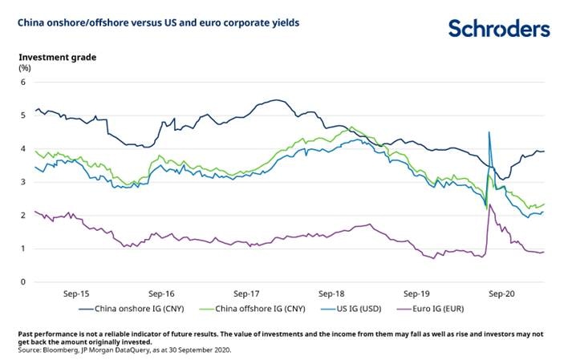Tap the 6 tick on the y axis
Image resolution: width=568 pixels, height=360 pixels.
[x=25, y=82]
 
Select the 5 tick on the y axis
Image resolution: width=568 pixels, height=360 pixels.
[x=25, y=115]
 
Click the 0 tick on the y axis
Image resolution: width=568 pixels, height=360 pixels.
[x=25, y=282]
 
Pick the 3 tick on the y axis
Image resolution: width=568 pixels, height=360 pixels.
[x=25, y=182]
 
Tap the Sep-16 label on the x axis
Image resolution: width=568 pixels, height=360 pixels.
[x=161, y=293]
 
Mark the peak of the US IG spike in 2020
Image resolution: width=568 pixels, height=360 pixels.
[x=489, y=132]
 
